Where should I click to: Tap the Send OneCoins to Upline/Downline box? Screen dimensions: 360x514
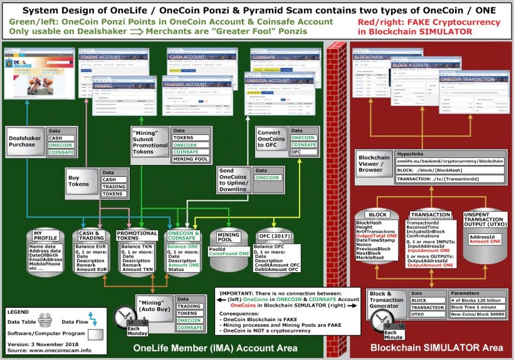(234, 181)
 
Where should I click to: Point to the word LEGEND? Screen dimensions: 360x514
(21, 311)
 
